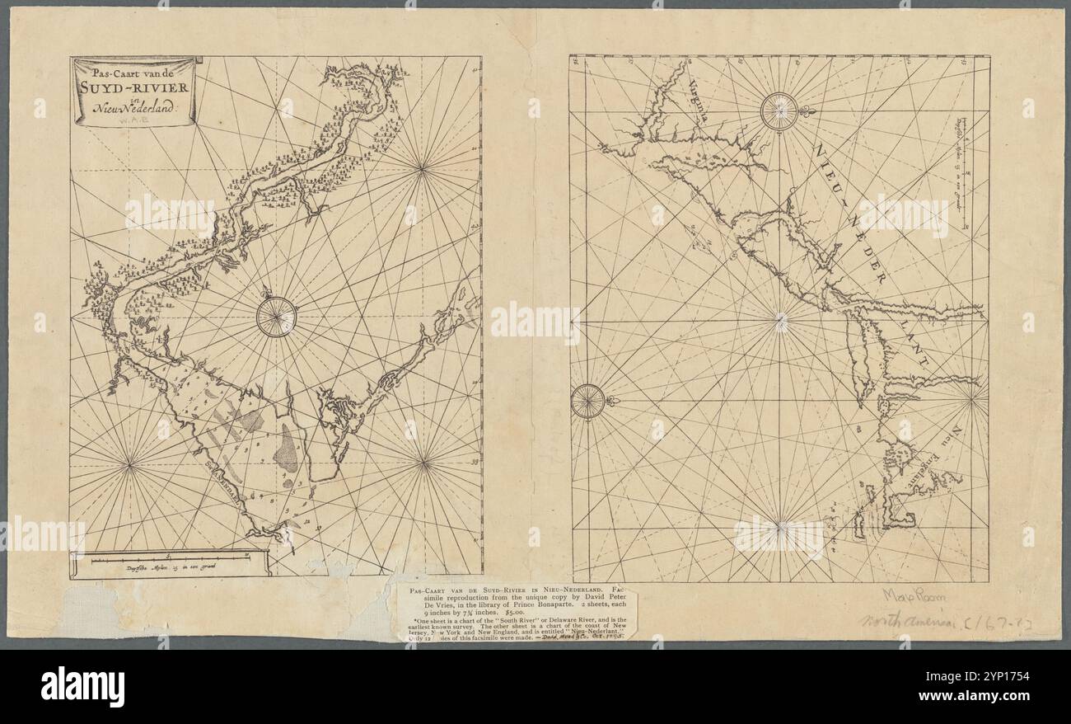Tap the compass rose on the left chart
tap(275, 317)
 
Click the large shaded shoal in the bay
tap(288, 448)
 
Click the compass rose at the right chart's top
tap(779, 111)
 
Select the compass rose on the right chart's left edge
tap(587, 402)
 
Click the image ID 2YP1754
tap(1013, 678)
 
